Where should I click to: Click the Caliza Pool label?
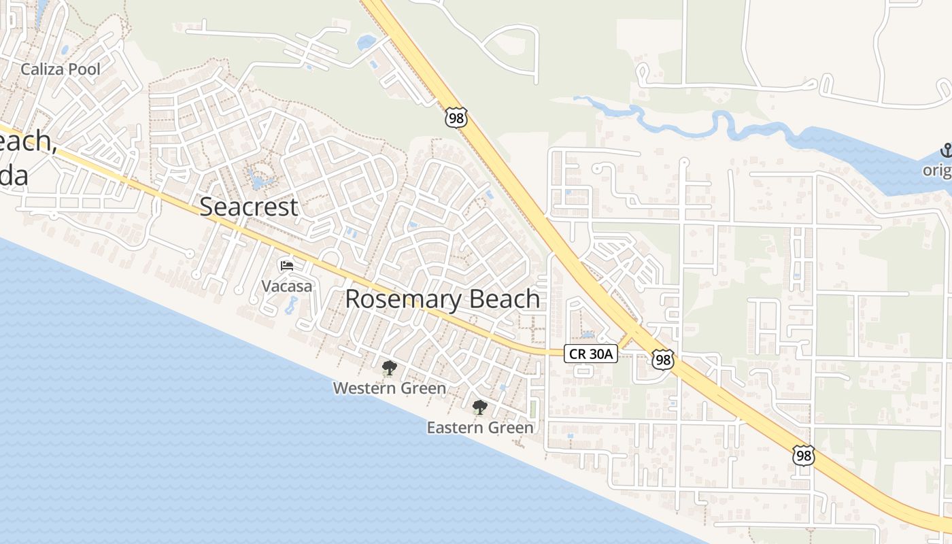(61, 69)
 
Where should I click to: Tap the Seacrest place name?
(249, 207)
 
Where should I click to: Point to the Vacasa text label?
(287, 286)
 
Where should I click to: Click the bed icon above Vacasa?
(287, 265)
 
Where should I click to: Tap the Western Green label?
(389, 388)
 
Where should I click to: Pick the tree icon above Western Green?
(389, 369)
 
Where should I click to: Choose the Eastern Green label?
(480, 428)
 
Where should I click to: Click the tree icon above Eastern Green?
(479, 407)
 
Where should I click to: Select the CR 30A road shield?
(590, 354)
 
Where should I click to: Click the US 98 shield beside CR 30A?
(662, 360)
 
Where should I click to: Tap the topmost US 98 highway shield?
(456, 117)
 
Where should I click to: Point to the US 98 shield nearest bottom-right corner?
(804, 455)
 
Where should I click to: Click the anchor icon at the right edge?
(945, 150)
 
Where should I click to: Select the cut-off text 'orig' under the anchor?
(937, 170)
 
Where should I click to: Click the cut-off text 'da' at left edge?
(14, 175)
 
